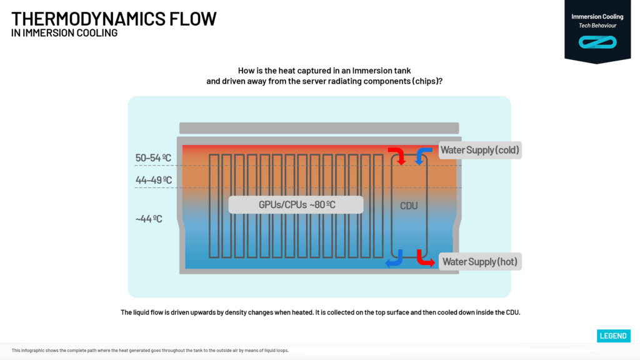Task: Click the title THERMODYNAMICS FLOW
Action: pyautogui.click(x=114, y=19)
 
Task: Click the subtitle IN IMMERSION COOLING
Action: pyautogui.click(x=64, y=33)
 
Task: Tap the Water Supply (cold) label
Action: pyautogui.click(x=479, y=150)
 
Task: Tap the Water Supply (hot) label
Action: pyautogui.click(x=479, y=261)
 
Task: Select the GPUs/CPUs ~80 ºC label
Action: pyautogui.click(x=295, y=205)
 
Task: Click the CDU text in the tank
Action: pyautogui.click(x=409, y=206)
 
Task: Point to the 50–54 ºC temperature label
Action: pyautogui.click(x=154, y=158)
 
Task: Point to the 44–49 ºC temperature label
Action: pyautogui.click(x=154, y=181)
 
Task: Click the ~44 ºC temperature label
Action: pyautogui.click(x=149, y=219)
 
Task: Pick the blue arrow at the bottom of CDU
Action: pyautogui.click(x=394, y=258)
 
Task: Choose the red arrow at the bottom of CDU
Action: pyautogui.click(x=424, y=257)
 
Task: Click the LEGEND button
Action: pyautogui.click(x=612, y=336)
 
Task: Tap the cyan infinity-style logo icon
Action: pyautogui.click(x=597, y=42)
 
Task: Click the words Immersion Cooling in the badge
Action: pyautogui.click(x=597, y=17)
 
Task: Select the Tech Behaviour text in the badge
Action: pyautogui.click(x=597, y=26)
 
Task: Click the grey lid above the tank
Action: pyautogui.click(x=319, y=128)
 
